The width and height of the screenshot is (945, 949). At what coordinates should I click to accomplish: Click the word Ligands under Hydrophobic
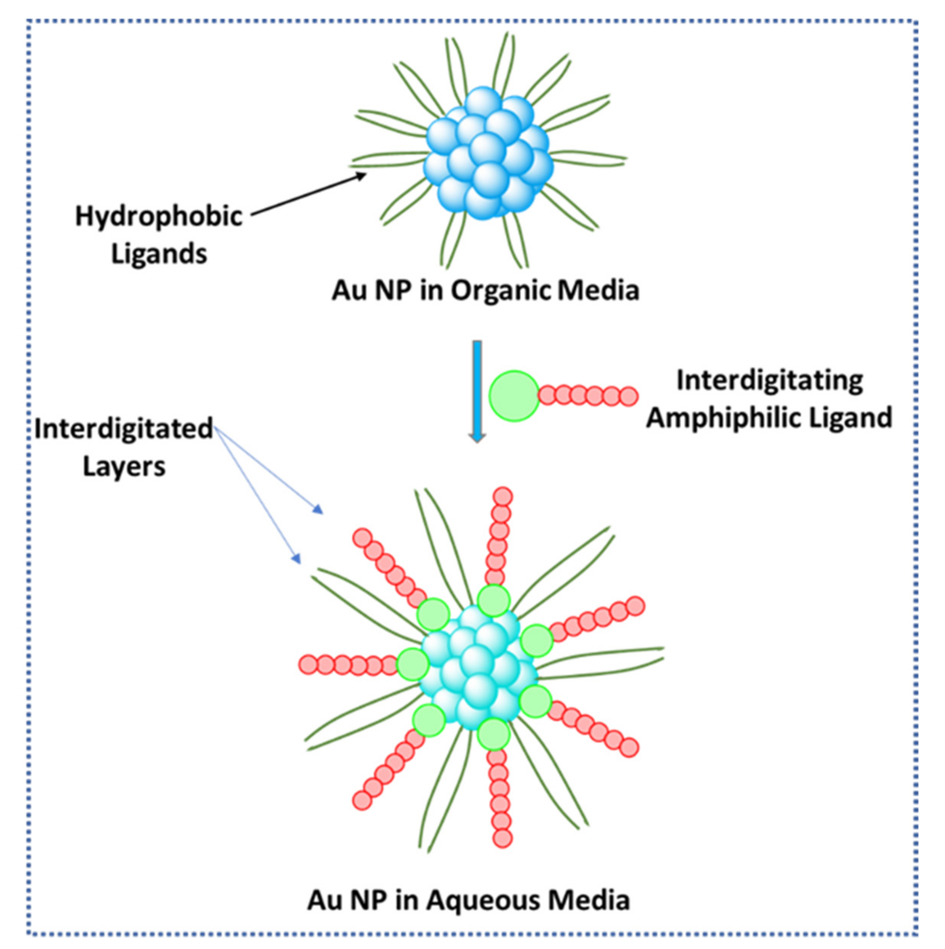[159, 254]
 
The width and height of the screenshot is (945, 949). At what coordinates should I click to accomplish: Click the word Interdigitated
[123, 429]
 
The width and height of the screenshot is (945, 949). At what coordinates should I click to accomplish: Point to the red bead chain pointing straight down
[500, 796]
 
